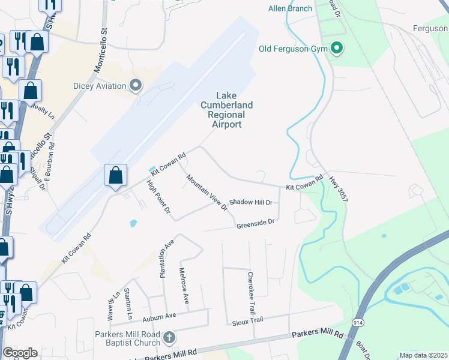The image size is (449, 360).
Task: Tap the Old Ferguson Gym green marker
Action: [x=337, y=49]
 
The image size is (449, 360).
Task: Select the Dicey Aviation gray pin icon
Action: [x=136, y=85]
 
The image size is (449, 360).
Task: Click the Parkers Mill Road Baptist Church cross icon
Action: [x=169, y=337]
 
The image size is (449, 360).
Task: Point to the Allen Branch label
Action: [x=291, y=8]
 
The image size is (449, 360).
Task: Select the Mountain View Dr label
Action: [x=206, y=193]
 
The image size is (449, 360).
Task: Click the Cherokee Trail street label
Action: [x=252, y=294]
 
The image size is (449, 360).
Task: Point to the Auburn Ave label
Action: [x=159, y=315]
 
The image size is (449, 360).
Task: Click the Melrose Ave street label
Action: [x=184, y=286]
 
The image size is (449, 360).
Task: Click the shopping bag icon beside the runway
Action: [x=116, y=175]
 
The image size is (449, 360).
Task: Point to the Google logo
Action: [x=20, y=353]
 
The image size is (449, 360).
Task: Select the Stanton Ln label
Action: [x=128, y=304]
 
